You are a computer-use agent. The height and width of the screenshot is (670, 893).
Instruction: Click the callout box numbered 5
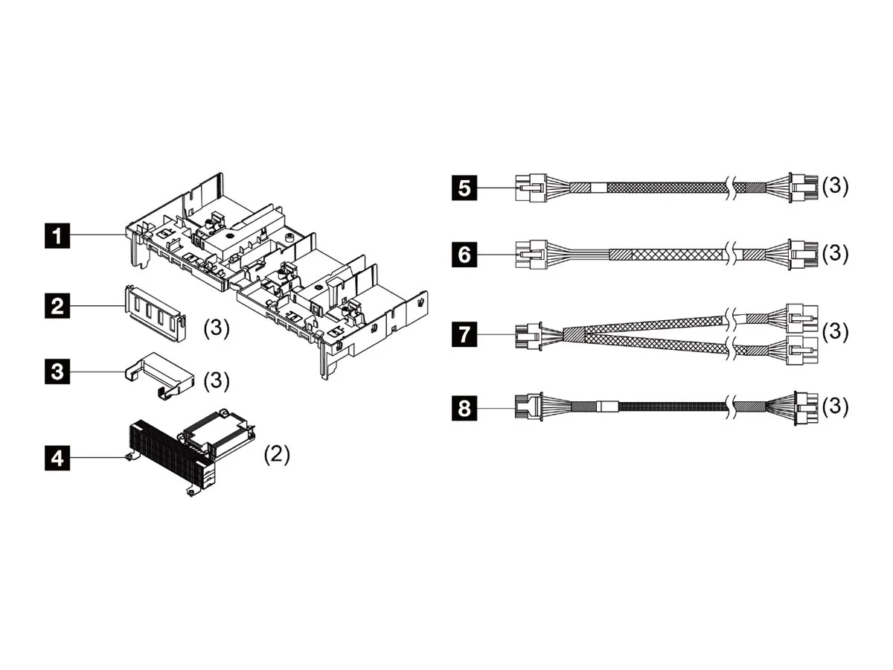[x=464, y=188]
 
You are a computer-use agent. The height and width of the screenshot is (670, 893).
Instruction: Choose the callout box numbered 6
[x=464, y=255]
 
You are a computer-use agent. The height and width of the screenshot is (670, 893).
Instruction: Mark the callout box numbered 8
[x=464, y=407]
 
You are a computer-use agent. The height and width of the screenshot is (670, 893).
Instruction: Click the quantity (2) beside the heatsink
[x=277, y=455]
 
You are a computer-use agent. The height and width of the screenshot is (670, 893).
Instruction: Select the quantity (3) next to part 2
[x=217, y=328]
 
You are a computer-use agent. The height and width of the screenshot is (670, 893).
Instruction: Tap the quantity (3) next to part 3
[x=217, y=380]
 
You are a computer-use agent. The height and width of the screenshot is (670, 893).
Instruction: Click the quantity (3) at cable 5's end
[x=834, y=186]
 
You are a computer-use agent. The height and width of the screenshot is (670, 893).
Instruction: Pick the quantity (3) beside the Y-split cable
[x=834, y=331]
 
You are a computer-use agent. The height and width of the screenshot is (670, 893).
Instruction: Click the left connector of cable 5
[x=531, y=188]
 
